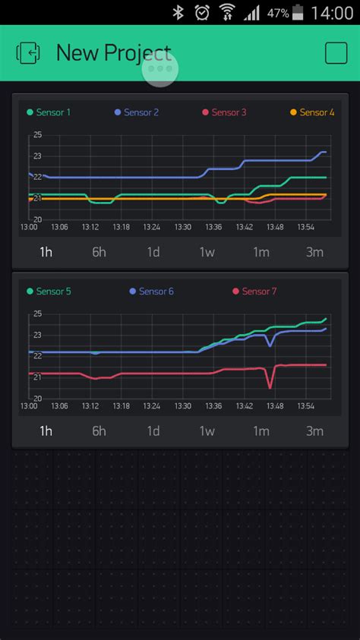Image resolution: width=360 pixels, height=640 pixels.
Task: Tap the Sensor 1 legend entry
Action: click(49, 112)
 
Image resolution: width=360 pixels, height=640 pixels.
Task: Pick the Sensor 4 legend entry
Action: click(312, 112)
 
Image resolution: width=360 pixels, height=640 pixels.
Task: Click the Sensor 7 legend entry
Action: click(254, 292)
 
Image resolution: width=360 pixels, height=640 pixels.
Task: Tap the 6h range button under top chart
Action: click(99, 252)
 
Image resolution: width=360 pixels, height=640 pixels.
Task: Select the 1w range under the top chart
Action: click(207, 252)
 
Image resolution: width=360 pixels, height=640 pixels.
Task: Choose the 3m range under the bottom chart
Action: click(314, 431)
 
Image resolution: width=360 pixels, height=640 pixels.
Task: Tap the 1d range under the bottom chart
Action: click(153, 431)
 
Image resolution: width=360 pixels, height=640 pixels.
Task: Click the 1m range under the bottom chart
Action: click(261, 431)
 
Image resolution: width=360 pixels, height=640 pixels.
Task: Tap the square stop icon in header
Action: click(336, 52)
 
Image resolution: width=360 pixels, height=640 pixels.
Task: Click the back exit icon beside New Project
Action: click(27, 52)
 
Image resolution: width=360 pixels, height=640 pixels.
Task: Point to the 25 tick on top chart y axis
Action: click(37, 135)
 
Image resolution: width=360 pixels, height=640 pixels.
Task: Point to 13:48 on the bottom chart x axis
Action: click(275, 406)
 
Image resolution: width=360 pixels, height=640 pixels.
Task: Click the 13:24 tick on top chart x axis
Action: click(151, 227)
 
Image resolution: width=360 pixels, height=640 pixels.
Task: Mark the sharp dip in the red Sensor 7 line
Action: click(270, 387)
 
